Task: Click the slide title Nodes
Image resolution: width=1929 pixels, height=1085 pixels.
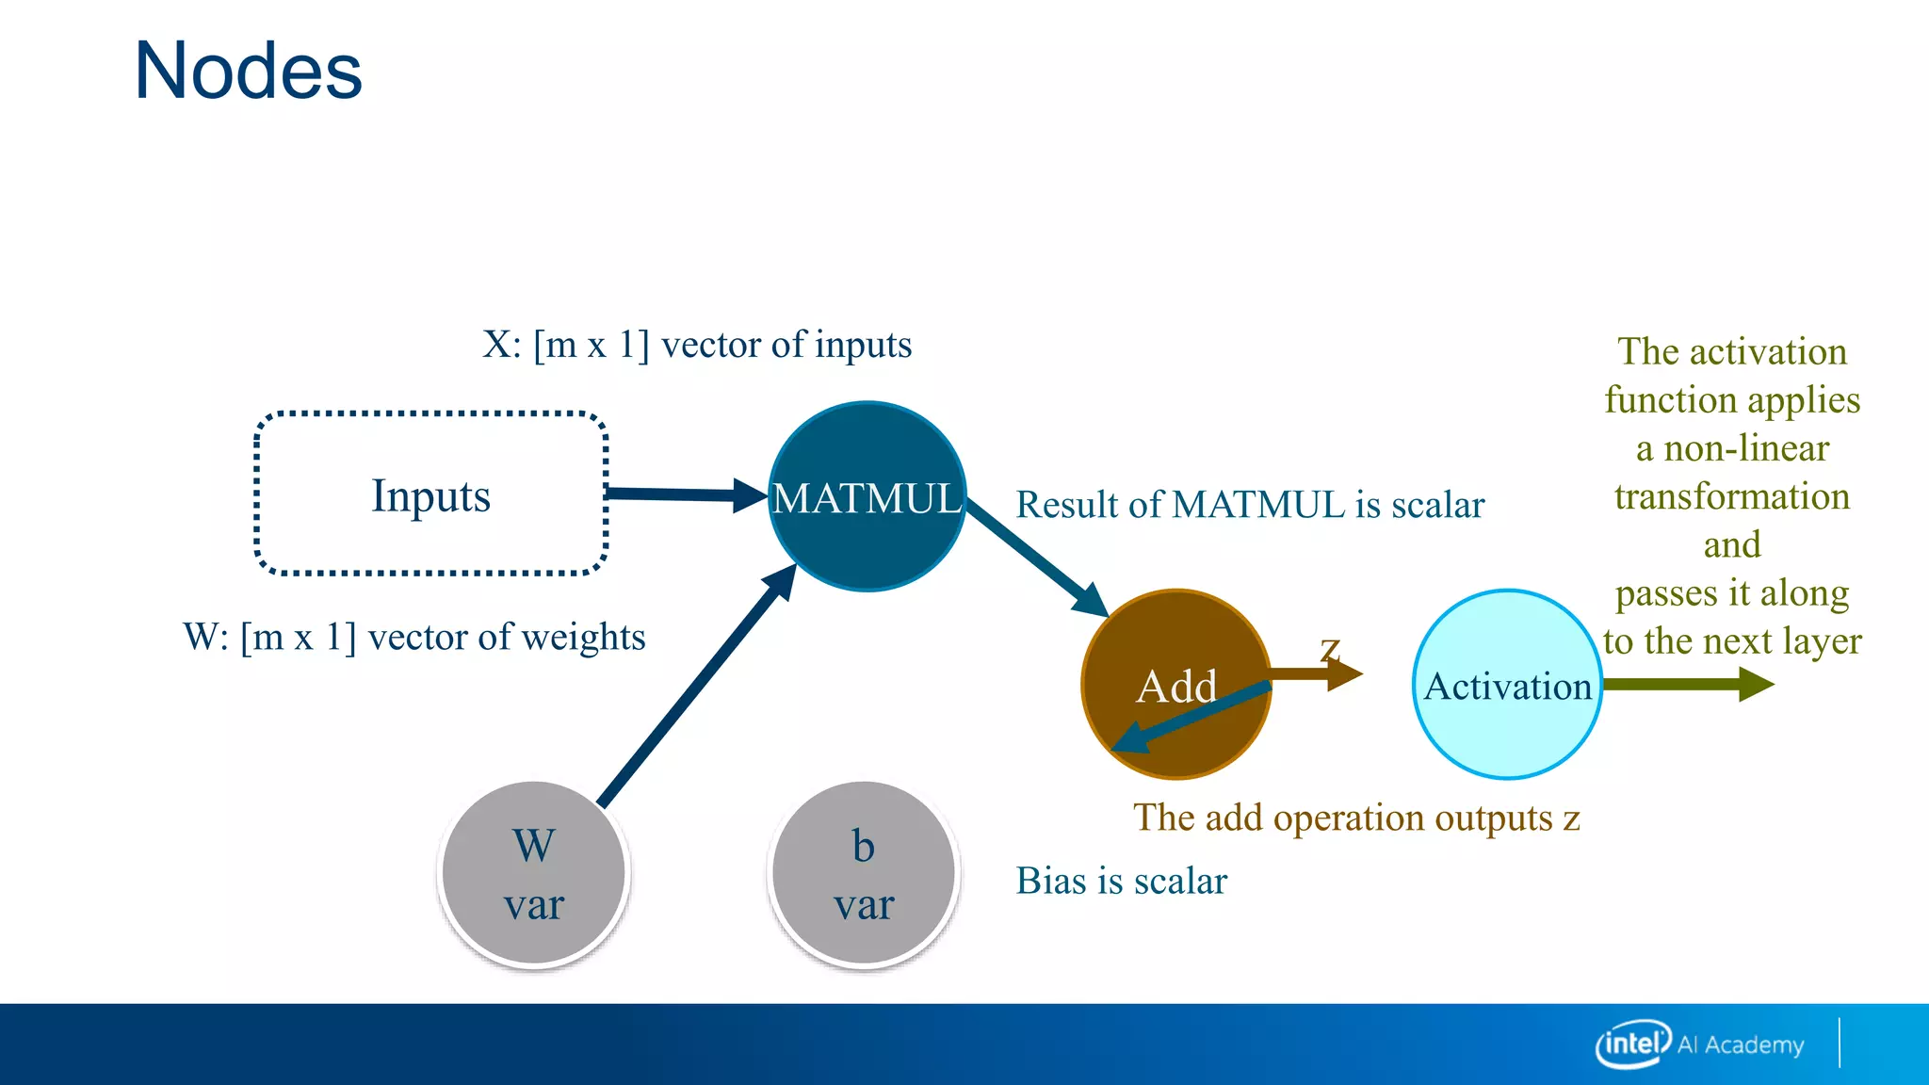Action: tap(248, 72)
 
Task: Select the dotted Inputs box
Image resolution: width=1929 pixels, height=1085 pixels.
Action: tap(430, 494)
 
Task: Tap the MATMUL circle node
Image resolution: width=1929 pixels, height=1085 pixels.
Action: tap(867, 496)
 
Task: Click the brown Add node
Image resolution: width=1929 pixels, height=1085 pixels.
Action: tap(1175, 685)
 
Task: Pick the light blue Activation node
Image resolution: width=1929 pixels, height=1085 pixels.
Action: tap(1507, 685)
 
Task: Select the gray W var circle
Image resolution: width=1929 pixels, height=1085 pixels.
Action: tap(534, 873)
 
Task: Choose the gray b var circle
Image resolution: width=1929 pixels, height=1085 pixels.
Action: tap(864, 873)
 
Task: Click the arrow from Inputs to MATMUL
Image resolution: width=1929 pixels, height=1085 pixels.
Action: tap(683, 494)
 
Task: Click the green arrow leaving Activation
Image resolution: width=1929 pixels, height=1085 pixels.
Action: tap(1686, 684)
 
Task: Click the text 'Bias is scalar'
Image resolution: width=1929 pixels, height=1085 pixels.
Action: tap(1121, 882)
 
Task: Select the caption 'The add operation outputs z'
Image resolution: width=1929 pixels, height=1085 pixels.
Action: tap(1356, 818)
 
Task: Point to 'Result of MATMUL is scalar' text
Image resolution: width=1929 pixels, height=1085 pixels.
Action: tap(1250, 505)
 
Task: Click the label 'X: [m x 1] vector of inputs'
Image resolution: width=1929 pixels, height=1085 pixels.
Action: tap(697, 345)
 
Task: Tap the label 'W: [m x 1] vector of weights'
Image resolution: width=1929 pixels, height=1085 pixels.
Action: tap(414, 638)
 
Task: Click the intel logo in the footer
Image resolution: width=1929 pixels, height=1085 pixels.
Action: tap(1631, 1044)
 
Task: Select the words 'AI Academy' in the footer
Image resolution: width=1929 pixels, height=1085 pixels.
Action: tap(1741, 1045)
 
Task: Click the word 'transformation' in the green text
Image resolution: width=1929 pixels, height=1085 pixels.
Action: tap(1732, 496)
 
